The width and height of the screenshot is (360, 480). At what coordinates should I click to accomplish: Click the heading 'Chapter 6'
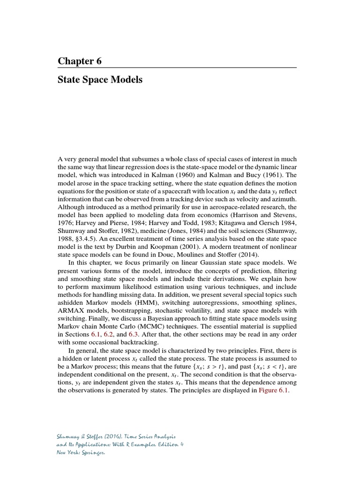point(80,61)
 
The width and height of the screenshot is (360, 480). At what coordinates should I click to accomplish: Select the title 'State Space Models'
point(100,80)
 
